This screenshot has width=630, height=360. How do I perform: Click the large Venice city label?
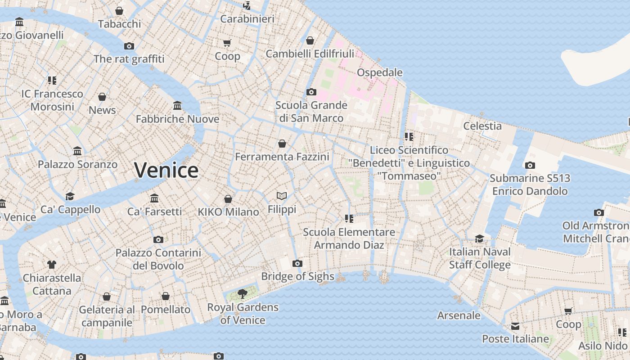(x=166, y=170)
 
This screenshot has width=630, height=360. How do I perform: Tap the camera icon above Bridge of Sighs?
(x=297, y=263)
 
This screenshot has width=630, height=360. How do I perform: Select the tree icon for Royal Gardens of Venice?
(x=243, y=294)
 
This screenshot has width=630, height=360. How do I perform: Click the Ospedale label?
(x=379, y=72)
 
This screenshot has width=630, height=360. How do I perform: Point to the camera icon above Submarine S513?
(x=530, y=165)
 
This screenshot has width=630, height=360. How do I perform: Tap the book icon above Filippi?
(x=282, y=196)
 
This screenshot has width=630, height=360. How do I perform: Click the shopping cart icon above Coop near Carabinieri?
(x=227, y=43)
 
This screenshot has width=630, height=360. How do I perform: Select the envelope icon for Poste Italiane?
(x=515, y=326)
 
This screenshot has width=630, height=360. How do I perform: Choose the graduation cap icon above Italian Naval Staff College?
(x=480, y=238)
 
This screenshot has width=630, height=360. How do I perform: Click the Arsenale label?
(x=459, y=315)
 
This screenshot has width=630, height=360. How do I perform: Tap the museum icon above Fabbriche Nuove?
(x=177, y=106)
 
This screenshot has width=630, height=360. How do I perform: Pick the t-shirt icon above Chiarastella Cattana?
(x=52, y=265)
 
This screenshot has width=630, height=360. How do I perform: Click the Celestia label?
(x=482, y=126)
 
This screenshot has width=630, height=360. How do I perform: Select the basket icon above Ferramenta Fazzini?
(x=282, y=144)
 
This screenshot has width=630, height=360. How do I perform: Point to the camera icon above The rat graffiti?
(x=129, y=46)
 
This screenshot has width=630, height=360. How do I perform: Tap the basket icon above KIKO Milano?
(x=228, y=199)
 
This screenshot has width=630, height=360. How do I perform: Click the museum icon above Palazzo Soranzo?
(x=77, y=151)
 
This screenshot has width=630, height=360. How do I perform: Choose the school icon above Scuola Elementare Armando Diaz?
(x=349, y=219)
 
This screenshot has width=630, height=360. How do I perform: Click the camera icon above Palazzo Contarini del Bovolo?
(x=158, y=239)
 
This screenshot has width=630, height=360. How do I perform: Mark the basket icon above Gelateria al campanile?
(x=107, y=297)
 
